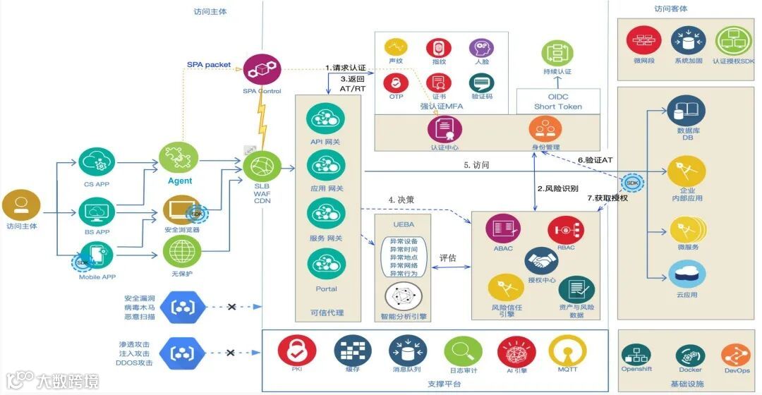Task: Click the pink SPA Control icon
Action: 262,70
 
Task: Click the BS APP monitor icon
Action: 97,211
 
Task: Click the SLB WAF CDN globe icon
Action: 262,167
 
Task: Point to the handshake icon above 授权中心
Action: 543,261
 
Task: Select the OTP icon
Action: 396,83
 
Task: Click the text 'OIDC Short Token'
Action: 558,102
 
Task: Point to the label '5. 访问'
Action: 476,165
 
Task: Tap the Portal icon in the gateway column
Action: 326,264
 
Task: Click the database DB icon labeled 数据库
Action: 686,111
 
